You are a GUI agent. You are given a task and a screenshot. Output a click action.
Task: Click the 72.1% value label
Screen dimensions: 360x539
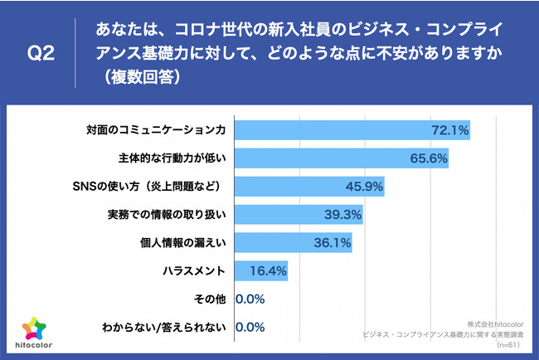tap(450, 130)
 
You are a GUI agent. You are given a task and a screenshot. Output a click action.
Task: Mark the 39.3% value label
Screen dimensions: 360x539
tap(342, 215)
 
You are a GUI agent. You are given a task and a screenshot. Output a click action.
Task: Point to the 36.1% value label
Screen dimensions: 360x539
tap(332, 243)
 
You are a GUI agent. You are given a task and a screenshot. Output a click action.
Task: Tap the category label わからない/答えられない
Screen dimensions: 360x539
tap(163, 328)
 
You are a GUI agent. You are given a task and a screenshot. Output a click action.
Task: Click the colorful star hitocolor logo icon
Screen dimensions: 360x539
tap(32, 328)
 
